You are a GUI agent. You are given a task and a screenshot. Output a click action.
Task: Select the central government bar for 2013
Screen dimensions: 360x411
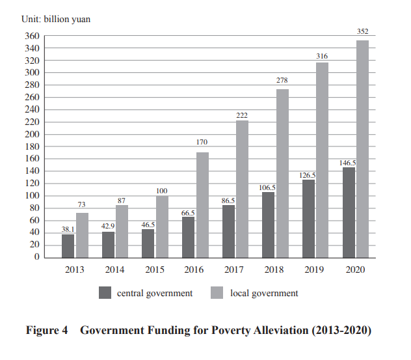tap(68, 245)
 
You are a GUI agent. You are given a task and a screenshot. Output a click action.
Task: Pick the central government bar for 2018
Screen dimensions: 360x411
tap(269, 225)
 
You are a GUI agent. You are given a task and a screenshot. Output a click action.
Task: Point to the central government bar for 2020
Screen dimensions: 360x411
tap(349, 212)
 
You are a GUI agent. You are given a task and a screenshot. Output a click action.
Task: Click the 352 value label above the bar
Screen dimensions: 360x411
tap(362, 31)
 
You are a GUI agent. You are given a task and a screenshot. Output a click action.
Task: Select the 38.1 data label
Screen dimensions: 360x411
tap(68, 228)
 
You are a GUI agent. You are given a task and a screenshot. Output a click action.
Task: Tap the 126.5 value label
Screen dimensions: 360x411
tap(308, 174)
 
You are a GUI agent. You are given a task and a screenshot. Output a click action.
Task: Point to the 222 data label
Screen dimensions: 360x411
tap(242, 115)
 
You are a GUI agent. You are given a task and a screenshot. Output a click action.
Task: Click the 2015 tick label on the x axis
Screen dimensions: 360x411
tap(154, 270)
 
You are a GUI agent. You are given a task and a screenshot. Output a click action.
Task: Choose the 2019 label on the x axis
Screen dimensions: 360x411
tap(315, 270)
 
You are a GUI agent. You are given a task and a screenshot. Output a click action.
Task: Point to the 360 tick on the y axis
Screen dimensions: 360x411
tap(33, 36)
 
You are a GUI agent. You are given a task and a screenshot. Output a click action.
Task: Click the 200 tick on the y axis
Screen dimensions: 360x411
tap(33, 134)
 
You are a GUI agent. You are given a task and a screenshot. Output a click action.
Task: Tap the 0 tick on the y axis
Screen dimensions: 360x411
tap(36, 257)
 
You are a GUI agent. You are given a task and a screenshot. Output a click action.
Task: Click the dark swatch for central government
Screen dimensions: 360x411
tap(105, 293)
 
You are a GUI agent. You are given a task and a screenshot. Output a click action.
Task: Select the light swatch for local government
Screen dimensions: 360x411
tap(219, 293)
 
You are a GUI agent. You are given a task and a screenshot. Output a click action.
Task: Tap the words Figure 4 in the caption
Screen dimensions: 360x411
tap(47, 331)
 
